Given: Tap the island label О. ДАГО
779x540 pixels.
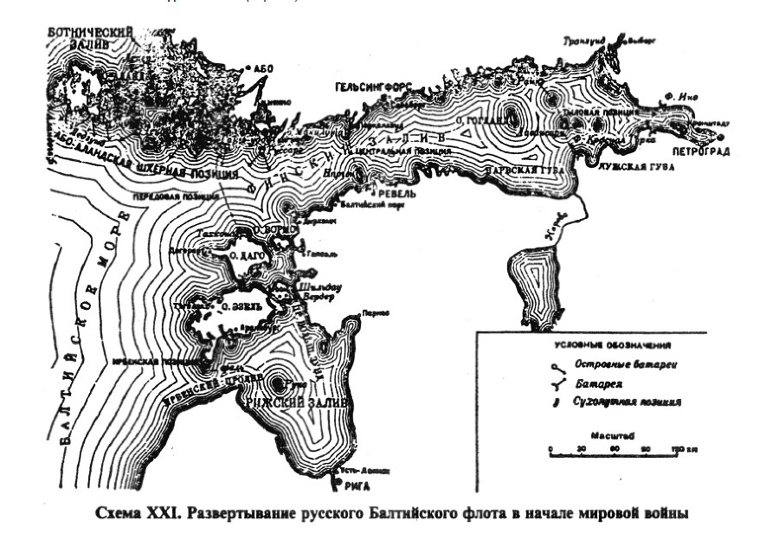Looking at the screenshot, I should pos(246,256).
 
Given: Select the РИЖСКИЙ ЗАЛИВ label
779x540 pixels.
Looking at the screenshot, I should pos(297,403).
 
